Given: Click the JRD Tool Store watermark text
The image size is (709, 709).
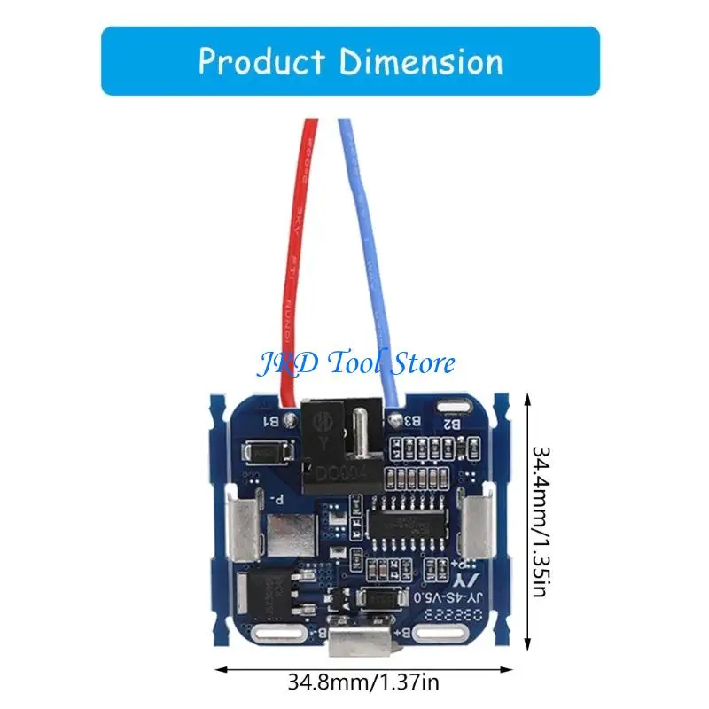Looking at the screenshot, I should pos(354,362).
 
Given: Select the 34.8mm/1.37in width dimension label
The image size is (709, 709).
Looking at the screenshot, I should pos(363,683).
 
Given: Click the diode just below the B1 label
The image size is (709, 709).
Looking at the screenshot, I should pos(265,451).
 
